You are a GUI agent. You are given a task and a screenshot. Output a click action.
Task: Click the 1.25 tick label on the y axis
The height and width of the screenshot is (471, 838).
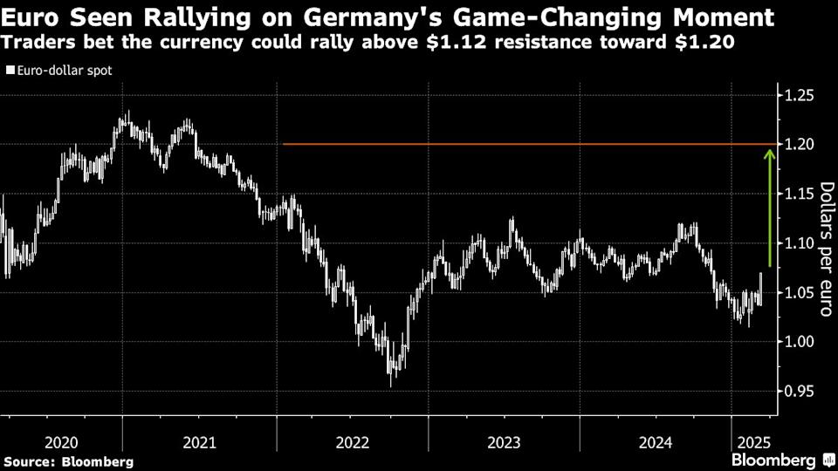click(800, 95)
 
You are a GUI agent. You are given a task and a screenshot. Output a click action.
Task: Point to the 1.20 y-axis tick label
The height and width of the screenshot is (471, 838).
click(800, 144)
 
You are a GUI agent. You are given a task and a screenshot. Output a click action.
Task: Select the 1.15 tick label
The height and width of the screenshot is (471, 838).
click(800, 194)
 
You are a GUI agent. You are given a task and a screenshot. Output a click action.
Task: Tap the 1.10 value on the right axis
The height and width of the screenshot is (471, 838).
click(800, 242)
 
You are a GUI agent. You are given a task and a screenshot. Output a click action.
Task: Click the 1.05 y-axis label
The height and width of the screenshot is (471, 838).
click(800, 292)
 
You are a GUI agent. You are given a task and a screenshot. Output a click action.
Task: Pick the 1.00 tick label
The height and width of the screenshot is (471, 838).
click(800, 341)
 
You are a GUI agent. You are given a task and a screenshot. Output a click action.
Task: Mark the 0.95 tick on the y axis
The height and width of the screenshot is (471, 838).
click(800, 391)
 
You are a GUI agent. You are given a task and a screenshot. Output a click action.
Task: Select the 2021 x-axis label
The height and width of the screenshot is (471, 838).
click(200, 442)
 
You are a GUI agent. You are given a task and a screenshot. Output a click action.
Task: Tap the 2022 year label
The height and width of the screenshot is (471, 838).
click(353, 442)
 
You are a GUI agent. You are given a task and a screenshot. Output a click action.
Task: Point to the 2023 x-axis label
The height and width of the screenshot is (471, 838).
click(505, 442)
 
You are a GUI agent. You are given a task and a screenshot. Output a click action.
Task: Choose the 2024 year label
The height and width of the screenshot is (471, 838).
click(656, 442)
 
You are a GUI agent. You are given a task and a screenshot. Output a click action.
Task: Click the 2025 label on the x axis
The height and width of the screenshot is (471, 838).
click(752, 442)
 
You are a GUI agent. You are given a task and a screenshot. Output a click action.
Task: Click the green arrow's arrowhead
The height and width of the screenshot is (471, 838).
click(769, 154)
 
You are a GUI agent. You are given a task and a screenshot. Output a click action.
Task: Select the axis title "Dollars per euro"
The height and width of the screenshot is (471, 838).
click(824, 249)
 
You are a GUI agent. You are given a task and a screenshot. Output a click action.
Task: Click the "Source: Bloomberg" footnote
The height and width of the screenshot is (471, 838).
click(69, 461)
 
